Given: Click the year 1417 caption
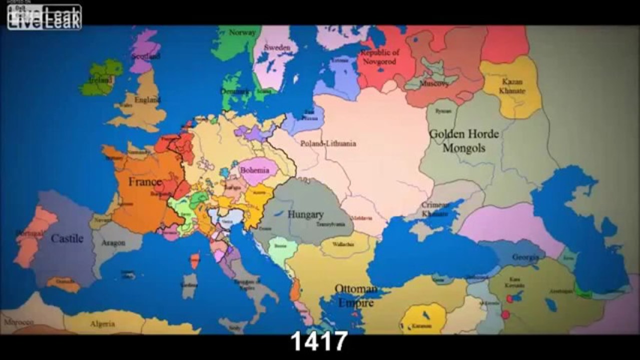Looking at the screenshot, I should point(319,342).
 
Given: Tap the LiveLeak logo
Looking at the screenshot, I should point(44,17).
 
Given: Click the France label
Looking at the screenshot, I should point(145,181).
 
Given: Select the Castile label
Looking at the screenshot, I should point(67,238).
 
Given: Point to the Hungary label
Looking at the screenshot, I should point(305,215).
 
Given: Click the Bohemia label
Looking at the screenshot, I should point(258,170).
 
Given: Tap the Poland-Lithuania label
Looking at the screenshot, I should point(328,143).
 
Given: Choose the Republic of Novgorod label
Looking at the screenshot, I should point(380,57).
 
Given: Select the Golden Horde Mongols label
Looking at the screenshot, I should point(464,141).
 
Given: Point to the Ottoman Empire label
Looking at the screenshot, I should point(356,296).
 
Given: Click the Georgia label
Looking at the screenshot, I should point(525,257).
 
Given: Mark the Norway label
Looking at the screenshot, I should point(242,32).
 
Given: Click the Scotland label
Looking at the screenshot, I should point(145,56).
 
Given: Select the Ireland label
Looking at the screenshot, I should point(101,80).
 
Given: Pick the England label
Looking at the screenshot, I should point(147,100).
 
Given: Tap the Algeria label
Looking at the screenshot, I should point(102,324).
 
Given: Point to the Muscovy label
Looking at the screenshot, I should point(434,83).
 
